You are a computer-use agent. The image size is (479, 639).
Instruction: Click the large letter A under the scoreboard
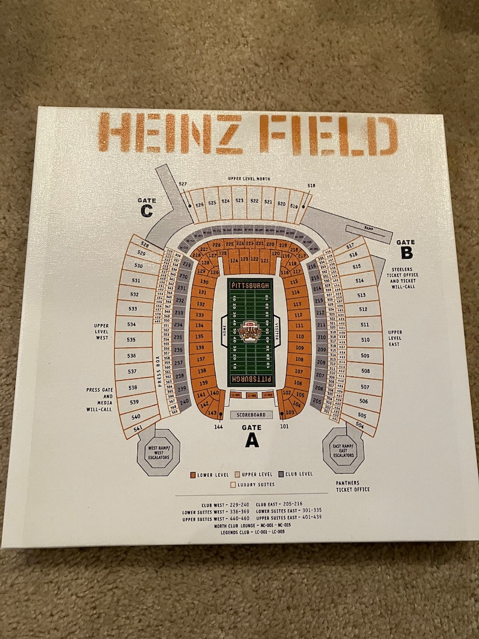(x=252, y=440)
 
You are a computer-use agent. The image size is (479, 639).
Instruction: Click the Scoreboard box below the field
(x=252, y=415)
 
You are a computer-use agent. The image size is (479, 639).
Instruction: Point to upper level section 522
(x=254, y=201)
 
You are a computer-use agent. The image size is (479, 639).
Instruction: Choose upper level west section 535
(x=131, y=340)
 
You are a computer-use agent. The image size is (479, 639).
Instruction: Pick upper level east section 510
(x=365, y=340)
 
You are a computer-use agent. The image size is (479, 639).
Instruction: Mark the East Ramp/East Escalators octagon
(x=343, y=450)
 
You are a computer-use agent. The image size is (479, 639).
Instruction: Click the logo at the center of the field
(x=251, y=332)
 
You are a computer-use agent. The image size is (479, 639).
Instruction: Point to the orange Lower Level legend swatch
(x=192, y=474)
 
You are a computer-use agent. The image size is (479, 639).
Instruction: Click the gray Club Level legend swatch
(x=282, y=474)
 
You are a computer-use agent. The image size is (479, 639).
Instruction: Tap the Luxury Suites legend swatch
(x=233, y=484)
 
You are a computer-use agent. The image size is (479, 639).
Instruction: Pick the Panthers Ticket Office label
(x=353, y=486)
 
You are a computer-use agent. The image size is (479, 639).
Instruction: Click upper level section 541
(x=138, y=428)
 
